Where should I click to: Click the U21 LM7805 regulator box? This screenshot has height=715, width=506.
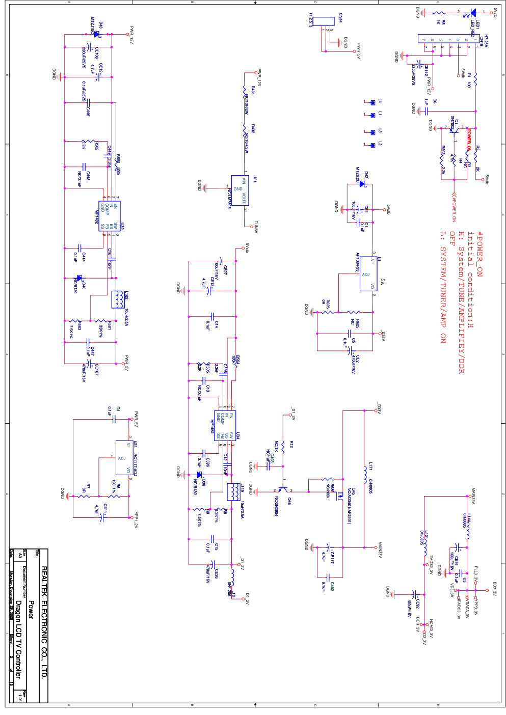240,190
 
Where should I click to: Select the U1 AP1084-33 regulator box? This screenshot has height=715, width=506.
368,274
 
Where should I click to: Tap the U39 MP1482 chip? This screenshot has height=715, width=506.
109,216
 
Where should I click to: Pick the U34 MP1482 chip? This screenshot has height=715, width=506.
225,426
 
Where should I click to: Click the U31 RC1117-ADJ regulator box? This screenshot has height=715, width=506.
124,457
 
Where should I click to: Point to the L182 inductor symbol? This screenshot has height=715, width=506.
118,299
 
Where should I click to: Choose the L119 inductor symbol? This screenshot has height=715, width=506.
233,492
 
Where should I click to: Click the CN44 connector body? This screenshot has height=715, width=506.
324,21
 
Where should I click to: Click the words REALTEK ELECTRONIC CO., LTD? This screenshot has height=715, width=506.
44,621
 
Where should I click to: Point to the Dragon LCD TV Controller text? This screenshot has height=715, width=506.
18,639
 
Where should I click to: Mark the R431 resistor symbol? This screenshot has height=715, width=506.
245,93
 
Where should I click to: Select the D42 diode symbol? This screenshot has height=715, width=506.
362,184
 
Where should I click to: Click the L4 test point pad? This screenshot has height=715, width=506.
373,102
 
